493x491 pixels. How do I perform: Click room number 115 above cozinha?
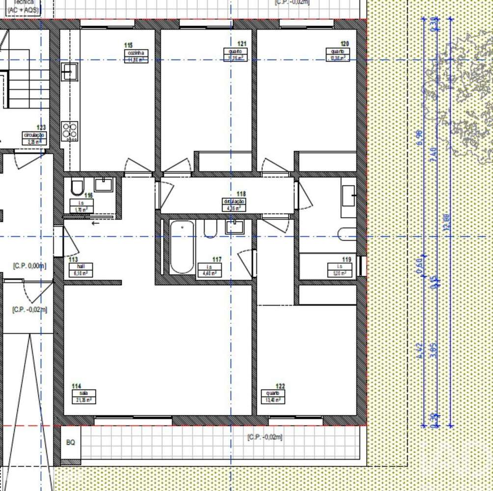pyautogui.click(x=128, y=46)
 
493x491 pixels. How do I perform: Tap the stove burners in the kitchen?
pyautogui.click(x=70, y=131)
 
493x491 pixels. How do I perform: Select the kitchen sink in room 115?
pyautogui.click(x=69, y=72)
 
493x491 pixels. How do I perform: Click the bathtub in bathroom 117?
pyautogui.click(x=182, y=247)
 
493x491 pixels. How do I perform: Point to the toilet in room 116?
pyautogui.click(x=78, y=187)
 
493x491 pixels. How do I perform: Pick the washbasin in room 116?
pyautogui.click(x=104, y=185)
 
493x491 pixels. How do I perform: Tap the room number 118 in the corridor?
pyautogui.click(x=241, y=195)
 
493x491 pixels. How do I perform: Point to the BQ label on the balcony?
pyautogui.click(x=71, y=442)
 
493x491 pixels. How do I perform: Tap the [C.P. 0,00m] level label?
pyautogui.click(x=29, y=266)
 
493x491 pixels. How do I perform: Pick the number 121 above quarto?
pyautogui.click(x=242, y=44)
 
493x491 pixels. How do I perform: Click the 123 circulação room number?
pyautogui.click(x=41, y=128)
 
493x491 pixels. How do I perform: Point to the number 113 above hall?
pyautogui.click(x=73, y=260)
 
